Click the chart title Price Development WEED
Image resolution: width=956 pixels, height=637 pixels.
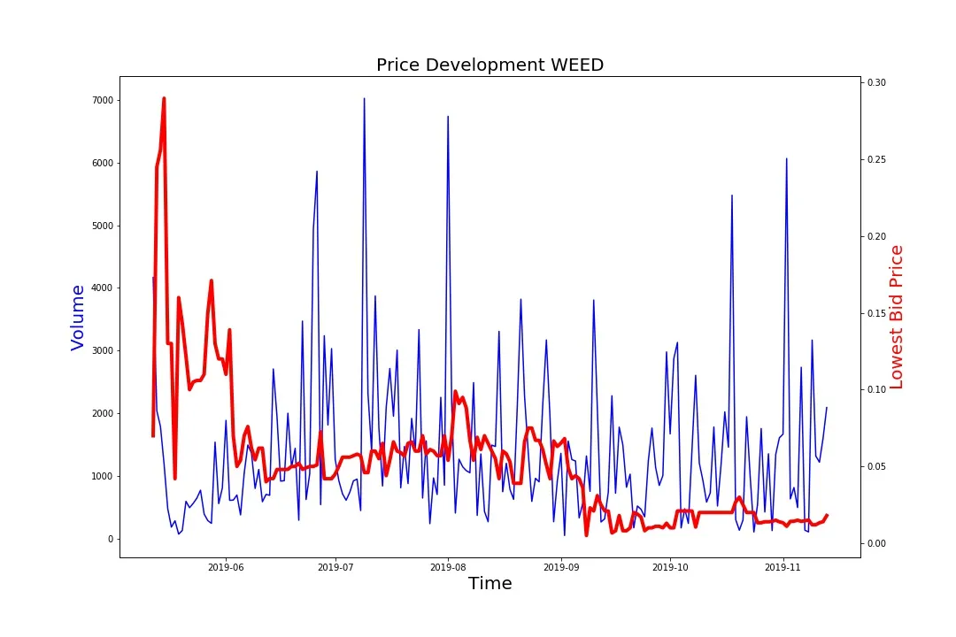490,65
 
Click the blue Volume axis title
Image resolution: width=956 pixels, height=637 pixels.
78,318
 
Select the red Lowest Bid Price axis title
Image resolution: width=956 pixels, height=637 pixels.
897,318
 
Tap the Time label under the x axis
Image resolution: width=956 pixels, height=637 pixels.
490,583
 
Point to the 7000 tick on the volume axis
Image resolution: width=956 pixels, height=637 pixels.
102,100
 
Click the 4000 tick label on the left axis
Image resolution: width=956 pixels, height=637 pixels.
102,288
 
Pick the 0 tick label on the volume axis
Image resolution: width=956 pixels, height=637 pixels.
110,539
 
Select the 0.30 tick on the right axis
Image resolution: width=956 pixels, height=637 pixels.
876,82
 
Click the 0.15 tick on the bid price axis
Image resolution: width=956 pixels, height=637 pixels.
876,313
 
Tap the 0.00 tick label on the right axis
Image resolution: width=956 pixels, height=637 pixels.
876,543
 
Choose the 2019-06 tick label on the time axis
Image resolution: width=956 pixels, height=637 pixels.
226,568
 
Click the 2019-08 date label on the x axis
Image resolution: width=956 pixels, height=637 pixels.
450,568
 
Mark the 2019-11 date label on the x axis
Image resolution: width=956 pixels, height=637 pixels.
783,568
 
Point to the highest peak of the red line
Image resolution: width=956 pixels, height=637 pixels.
164,99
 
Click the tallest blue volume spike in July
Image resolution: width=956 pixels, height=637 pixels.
364,99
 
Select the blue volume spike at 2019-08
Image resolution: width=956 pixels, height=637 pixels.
448,117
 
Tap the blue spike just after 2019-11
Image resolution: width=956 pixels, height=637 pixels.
786,159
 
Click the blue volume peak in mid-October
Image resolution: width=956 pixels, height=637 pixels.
732,196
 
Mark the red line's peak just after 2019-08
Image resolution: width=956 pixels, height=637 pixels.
456,392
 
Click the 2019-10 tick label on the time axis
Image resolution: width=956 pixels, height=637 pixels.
671,568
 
